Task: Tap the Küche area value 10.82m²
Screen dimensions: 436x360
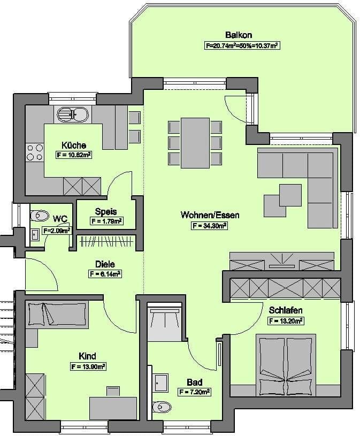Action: (x=74, y=155)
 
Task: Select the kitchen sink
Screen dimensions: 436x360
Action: (x=74, y=114)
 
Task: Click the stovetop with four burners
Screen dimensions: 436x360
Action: (x=35, y=152)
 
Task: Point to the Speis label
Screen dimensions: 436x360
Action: (x=106, y=211)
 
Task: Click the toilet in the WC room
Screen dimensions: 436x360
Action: (x=40, y=216)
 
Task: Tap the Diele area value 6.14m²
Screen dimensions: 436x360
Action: (x=105, y=274)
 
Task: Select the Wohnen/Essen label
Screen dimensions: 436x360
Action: (x=210, y=215)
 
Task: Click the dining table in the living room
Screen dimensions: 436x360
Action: (x=195, y=142)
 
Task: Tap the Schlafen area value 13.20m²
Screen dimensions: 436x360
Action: (x=286, y=321)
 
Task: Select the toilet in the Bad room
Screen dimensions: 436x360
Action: (x=160, y=408)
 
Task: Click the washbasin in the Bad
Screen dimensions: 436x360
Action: (x=160, y=383)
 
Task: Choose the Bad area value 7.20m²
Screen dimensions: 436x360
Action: (x=194, y=392)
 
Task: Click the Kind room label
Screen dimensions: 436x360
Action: (x=87, y=356)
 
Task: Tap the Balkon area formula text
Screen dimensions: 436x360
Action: (x=242, y=46)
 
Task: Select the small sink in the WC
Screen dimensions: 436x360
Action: (x=34, y=234)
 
